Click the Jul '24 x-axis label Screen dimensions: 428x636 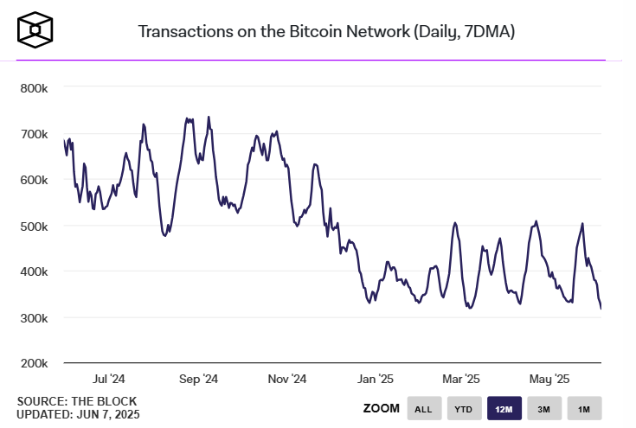tap(109, 379)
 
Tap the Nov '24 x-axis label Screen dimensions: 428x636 tap(287, 379)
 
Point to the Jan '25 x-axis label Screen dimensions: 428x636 tap(376, 379)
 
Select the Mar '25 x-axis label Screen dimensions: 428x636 tap(461, 379)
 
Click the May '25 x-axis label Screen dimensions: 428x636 tap(549, 379)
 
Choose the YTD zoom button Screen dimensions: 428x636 tap(464, 409)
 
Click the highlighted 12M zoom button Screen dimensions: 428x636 tap(504, 409)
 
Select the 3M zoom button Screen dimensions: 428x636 tap(544, 409)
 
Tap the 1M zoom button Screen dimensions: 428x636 tap(584, 409)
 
